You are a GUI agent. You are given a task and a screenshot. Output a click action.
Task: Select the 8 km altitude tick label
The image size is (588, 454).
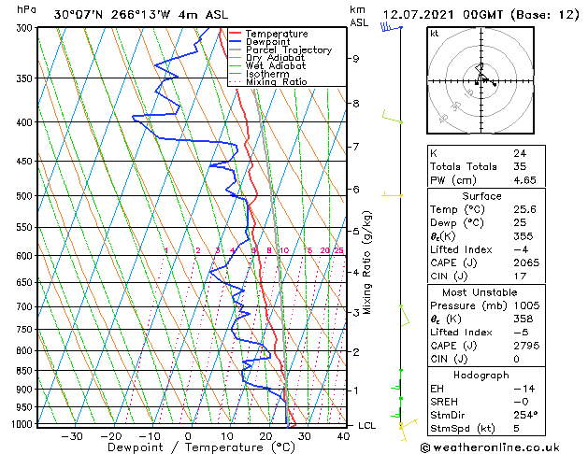click(356, 104)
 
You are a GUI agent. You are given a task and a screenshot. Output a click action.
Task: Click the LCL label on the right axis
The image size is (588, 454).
click(368, 426)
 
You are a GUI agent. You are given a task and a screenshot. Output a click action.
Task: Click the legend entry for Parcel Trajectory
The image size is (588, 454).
click(288, 50)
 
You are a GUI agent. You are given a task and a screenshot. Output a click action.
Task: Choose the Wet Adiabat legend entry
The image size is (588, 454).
click(276, 65)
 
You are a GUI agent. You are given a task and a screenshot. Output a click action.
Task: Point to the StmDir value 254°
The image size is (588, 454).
click(523, 415)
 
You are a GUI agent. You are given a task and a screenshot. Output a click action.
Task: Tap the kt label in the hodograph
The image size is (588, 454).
click(434, 34)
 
